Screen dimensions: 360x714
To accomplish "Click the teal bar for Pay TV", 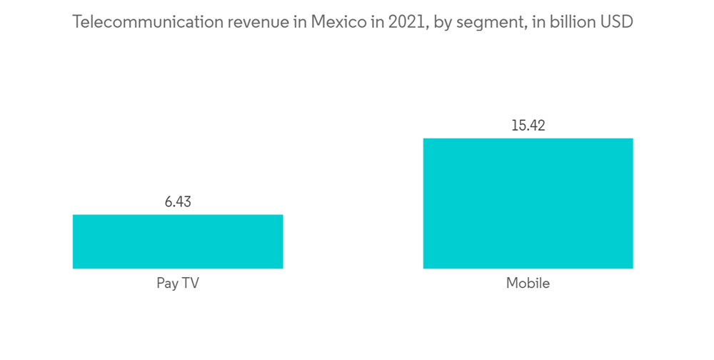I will [x=178, y=241].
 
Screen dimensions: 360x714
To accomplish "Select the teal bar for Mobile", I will [x=528, y=204].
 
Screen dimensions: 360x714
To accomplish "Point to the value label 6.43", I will [x=178, y=201].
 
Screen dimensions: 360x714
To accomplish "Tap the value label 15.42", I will [x=528, y=126].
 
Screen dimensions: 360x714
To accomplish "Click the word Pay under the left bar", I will [x=167, y=284].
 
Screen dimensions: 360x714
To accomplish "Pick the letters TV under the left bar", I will [x=190, y=284].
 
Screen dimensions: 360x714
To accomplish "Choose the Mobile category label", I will [x=528, y=284].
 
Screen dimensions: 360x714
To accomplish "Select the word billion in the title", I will [x=571, y=22].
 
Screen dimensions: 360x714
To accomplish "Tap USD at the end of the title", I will [x=616, y=22].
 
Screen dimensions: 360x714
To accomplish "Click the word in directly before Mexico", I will [x=299, y=22].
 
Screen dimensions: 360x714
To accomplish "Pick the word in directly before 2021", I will [x=376, y=22].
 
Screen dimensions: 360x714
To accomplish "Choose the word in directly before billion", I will [x=538, y=22].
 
